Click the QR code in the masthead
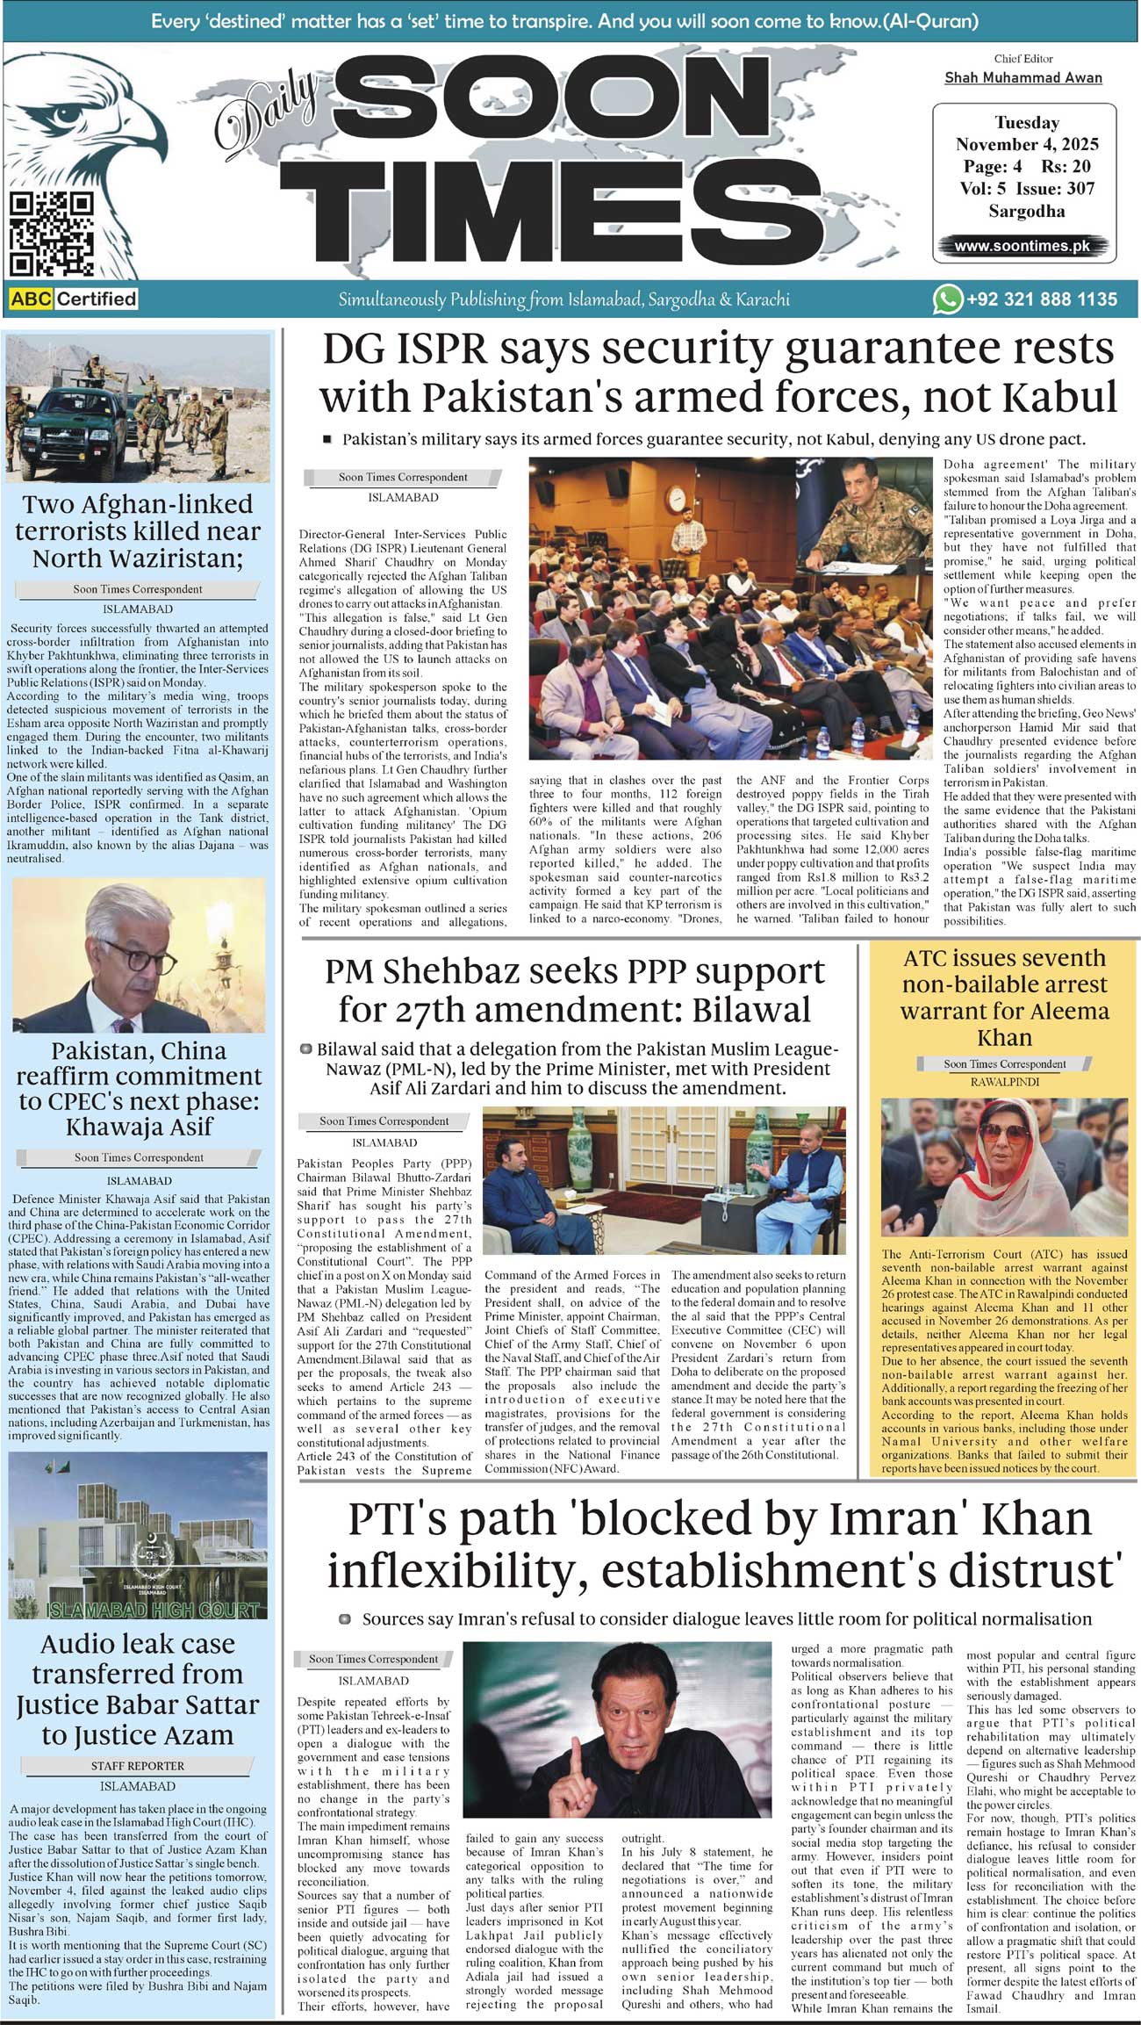click(51, 234)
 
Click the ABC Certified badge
click(74, 299)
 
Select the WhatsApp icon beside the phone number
click(947, 299)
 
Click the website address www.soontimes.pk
click(1022, 246)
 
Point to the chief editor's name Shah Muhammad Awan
click(1023, 77)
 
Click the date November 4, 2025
click(1027, 144)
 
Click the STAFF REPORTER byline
click(138, 1765)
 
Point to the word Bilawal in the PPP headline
click(750, 1009)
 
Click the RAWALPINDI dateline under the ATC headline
click(1004, 1082)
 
